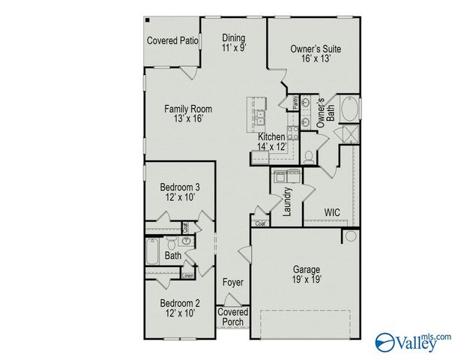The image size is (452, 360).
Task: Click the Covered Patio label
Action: (172, 40)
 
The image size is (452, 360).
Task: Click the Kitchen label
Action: (271, 137)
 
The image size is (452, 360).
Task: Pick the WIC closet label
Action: (332, 212)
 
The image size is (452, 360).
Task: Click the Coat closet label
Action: (260, 223)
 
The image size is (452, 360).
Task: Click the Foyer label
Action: (232, 283)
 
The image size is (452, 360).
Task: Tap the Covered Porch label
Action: (232, 316)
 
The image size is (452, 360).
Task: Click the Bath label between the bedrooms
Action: (173, 256)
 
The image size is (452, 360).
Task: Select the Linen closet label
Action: (188, 275)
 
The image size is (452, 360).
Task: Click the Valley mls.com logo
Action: (412, 340)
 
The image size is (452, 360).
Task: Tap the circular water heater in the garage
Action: (350, 237)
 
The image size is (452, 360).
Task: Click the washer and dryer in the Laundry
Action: (287, 176)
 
